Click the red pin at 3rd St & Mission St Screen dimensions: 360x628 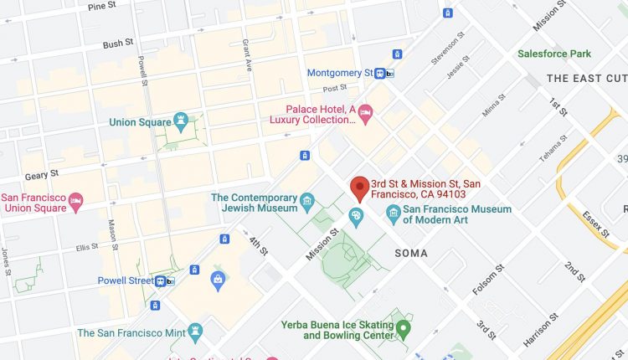click(360, 188)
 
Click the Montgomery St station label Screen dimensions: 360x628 click(339, 73)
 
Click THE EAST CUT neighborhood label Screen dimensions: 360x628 click(586, 78)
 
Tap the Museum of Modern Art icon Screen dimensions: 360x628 click(392, 217)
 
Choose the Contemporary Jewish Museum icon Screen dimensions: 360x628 click(307, 202)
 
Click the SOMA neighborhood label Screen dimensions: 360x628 click(410, 253)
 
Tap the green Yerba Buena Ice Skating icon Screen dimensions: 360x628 click(403, 328)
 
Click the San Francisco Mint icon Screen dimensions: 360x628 click(196, 332)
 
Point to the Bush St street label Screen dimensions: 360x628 click(118, 44)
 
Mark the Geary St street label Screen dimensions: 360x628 click(42, 173)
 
